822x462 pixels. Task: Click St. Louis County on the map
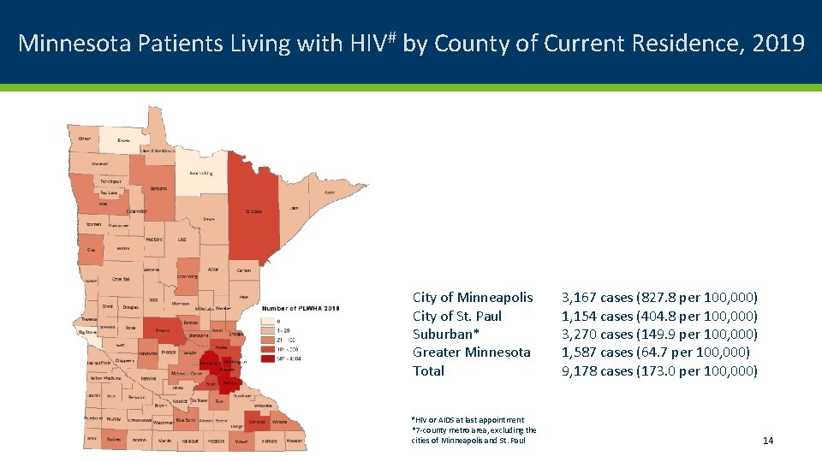pos(253,210)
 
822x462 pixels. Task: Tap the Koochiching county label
pos(202,172)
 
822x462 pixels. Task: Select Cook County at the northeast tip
pos(329,192)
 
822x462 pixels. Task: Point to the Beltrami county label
pos(158,188)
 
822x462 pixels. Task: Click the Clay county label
pos(91,249)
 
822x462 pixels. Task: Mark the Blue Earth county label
pos(185,420)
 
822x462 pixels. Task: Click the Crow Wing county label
pos(187,276)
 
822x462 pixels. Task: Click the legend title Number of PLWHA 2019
pos(301,308)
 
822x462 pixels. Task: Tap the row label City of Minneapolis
pos(473,297)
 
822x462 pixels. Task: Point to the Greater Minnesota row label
pos(472,352)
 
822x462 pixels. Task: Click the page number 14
pos(767,440)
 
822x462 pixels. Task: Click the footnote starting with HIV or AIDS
pos(467,419)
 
